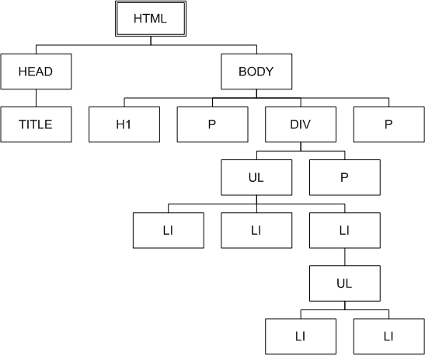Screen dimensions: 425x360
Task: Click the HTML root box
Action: coord(151,19)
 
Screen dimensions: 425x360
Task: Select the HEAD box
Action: coord(36,72)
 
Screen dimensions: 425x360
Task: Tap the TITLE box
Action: coord(36,124)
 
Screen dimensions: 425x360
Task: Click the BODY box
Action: coord(256,72)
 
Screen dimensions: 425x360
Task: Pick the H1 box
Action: coord(124,124)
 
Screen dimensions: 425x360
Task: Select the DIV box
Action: coord(301,124)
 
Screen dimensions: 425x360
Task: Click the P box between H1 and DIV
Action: coord(213,124)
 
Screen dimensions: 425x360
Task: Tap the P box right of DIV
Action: coord(389,124)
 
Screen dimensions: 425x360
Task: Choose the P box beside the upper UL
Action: coord(345,177)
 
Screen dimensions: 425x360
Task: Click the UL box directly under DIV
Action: coord(256,177)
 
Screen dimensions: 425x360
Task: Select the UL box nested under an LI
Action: coord(345,283)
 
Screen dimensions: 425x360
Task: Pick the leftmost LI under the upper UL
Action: coord(169,230)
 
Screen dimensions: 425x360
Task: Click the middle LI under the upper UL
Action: coord(256,230)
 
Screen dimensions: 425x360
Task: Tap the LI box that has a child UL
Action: coord(345,230)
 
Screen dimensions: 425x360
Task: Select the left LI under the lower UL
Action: coord(301,337)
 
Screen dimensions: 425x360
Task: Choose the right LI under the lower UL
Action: coord(389,337)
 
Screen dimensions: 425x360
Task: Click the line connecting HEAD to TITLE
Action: coord(36,98)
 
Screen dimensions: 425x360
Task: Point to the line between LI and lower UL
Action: coord(345,257)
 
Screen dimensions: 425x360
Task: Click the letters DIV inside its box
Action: coord(301,124)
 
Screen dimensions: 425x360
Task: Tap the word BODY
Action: coord(256,72)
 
